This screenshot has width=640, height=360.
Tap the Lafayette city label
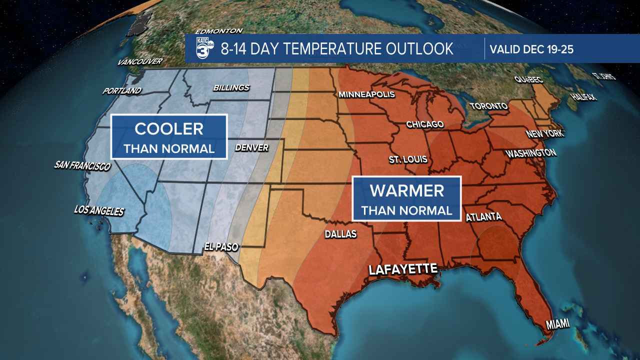(x=403, y=269)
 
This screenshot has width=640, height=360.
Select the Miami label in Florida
(x=557, y=324)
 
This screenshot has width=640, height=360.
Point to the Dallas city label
(x=340, y=234)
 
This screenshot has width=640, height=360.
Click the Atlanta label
(x=483, y=217)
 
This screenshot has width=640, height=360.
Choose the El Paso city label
(x=221, y=246)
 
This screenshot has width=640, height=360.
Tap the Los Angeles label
(x=98, y=210)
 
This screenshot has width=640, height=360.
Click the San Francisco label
(x=82, y=165)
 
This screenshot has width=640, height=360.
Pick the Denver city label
(x=251, y=147)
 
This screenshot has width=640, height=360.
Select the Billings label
(x=231, y=88)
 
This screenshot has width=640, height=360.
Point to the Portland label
(x=122, y=91)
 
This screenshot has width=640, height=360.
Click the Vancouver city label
(x=140, y=62)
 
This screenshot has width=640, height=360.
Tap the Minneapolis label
(x=366, y=94)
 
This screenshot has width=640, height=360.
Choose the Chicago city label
(x=425, y=124)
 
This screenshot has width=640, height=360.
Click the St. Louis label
(x=408, y=159)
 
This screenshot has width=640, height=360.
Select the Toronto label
(x=488, y=106)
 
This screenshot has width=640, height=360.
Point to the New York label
(x=544, y=134)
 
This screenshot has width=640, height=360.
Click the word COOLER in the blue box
(x=169, y=128)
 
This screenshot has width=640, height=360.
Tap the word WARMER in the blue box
(x=406, y=190)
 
